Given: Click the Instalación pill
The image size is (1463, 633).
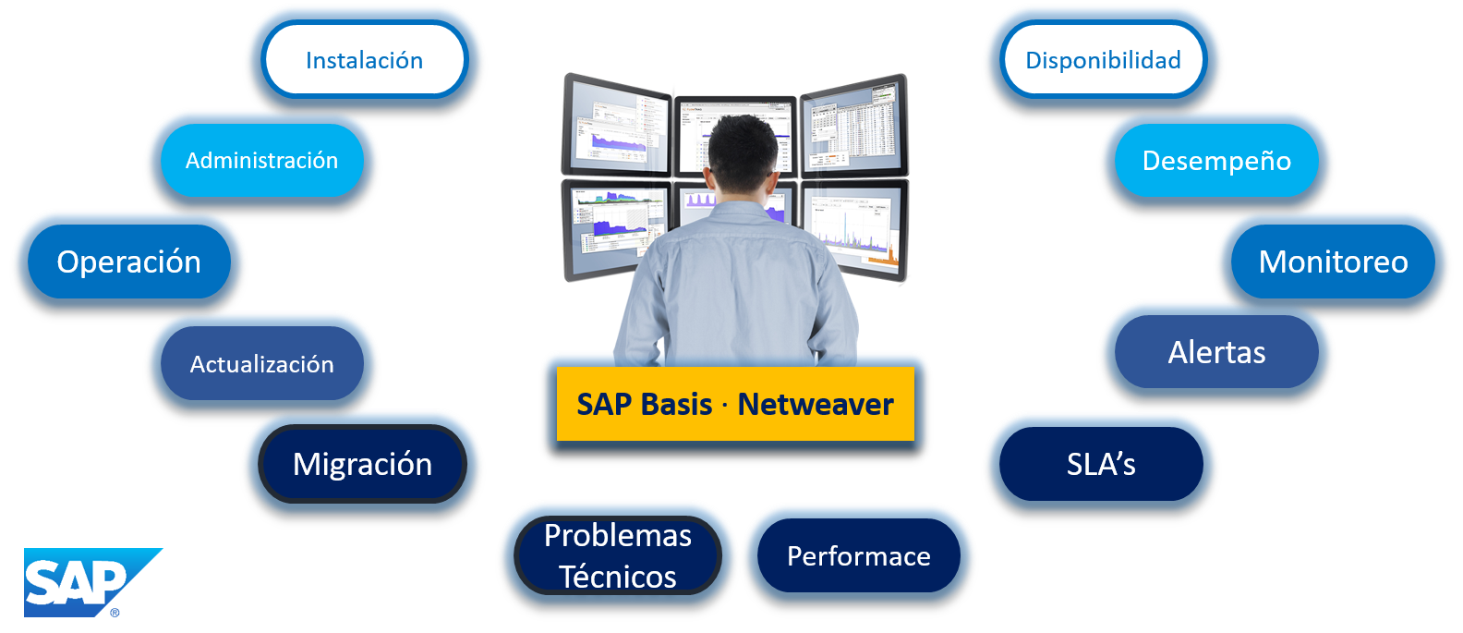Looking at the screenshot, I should [364, 60].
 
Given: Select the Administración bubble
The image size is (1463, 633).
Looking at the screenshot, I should [261, 161].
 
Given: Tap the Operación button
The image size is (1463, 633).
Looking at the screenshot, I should [128, 262].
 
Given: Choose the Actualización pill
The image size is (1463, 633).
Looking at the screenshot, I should [261, 364].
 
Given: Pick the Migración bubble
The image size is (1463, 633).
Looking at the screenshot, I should [362, 464].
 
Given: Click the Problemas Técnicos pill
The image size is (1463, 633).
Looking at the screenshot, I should [617, 555].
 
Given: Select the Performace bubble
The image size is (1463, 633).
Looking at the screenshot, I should [858, 555].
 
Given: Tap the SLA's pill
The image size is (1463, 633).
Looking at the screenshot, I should [1100, 464].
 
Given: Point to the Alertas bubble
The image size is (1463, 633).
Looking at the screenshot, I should [1216, 352].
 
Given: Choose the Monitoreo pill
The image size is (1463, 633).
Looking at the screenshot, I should [1333, 262].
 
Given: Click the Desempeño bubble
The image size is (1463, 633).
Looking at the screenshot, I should [1216, 161].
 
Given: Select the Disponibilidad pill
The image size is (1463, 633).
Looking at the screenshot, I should [1103, 60].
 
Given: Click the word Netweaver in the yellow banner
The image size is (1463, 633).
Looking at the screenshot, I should [816, 405].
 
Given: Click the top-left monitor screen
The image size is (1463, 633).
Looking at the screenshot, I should [616, 127].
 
